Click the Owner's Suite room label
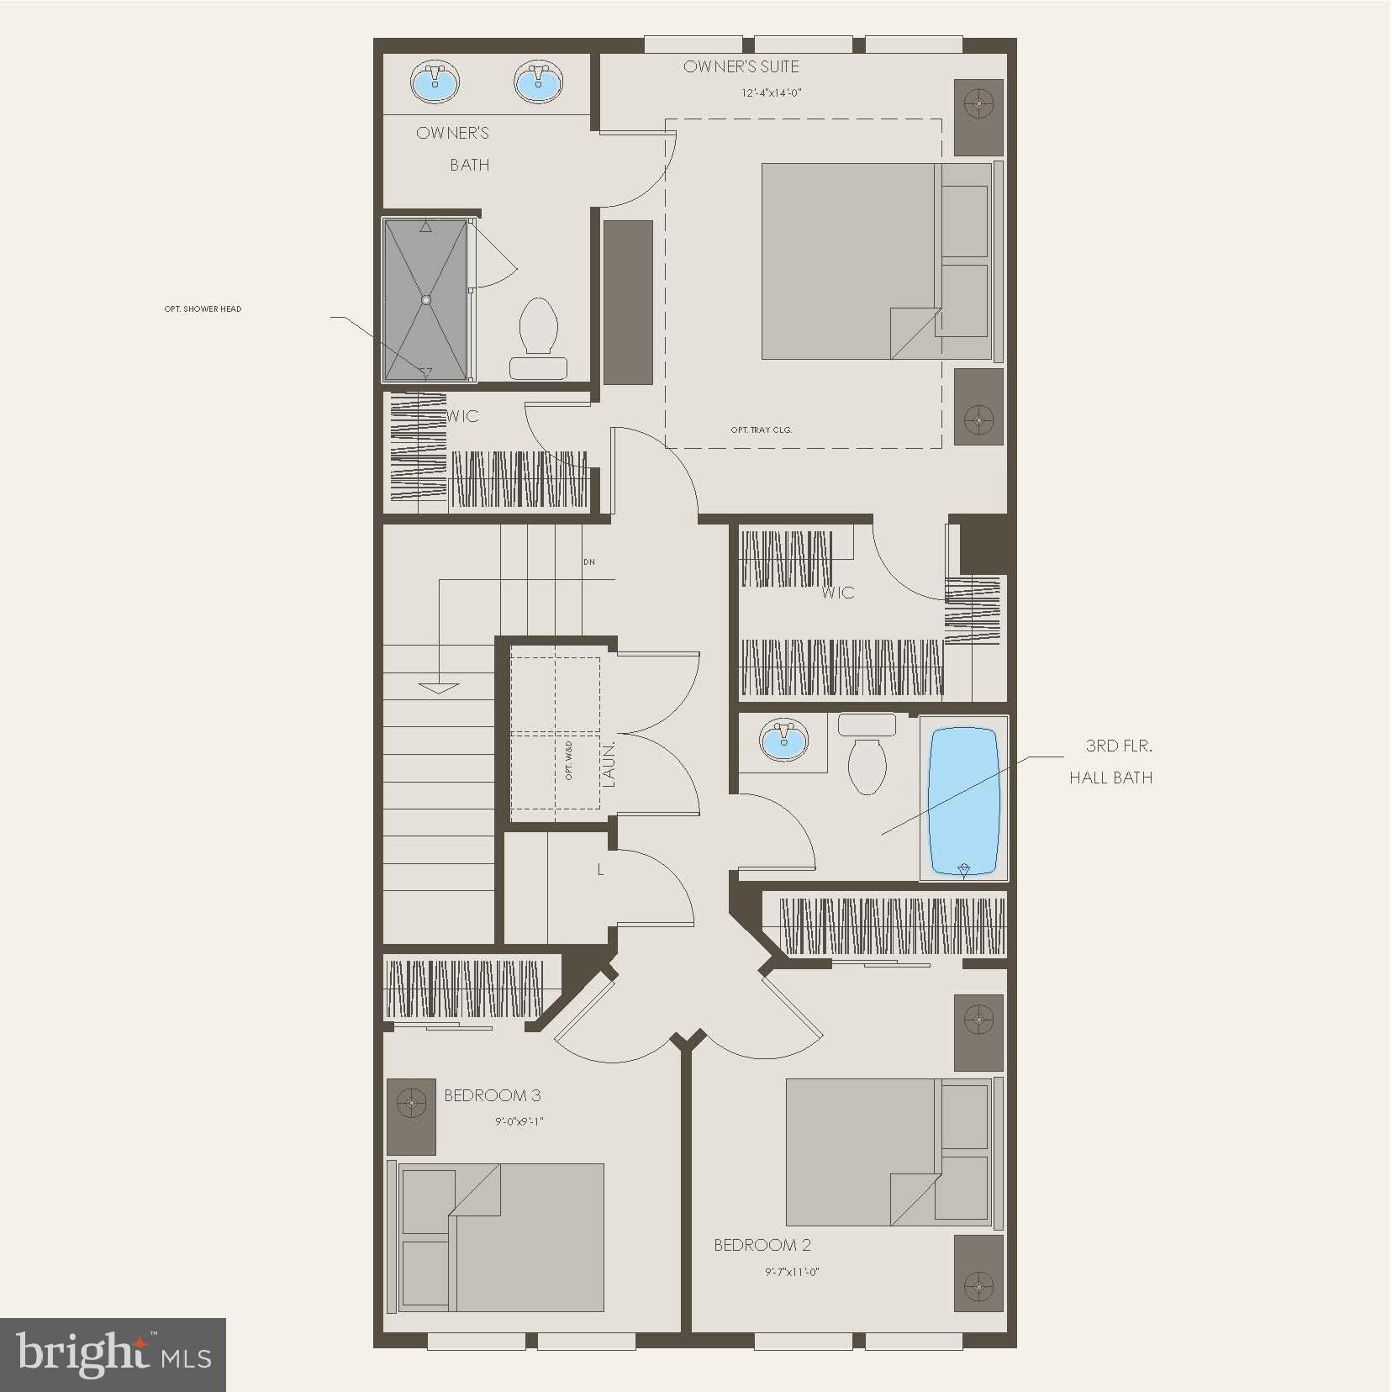tap(741, 66)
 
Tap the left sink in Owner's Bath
tap(435, 83)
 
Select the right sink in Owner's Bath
tap(537, 83)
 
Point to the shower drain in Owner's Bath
tap(425, 299)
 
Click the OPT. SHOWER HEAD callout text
tap(203, 309)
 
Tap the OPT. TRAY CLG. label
tap(761, 430)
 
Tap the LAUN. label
tap(609, 763)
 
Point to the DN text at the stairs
tap(588, 562)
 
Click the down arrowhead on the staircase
tap(439, 688)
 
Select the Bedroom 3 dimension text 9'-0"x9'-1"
tap(519, 1121)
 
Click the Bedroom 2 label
tap(762, 1245)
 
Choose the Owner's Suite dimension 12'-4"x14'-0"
tap(771, 93)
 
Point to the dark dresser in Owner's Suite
tap(628, 303)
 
